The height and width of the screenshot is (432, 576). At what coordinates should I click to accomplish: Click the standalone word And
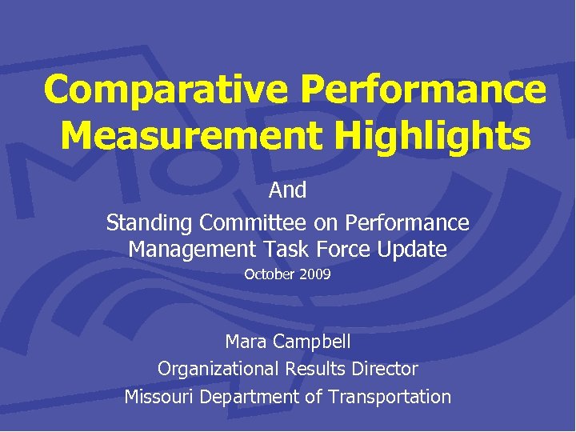click(x=288, y=190)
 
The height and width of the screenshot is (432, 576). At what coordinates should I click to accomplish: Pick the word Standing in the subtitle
click(x=150, y=222)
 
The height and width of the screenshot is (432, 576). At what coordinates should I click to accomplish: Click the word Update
click(x=414, y=249)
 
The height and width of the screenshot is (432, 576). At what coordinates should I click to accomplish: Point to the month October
click(x=269, y=274)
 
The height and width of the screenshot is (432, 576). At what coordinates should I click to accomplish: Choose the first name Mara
click(x=246, y=342)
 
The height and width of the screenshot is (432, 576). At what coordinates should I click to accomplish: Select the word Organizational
click(x=216, y=369)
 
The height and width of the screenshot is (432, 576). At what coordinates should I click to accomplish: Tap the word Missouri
click(x=158, y=396)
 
